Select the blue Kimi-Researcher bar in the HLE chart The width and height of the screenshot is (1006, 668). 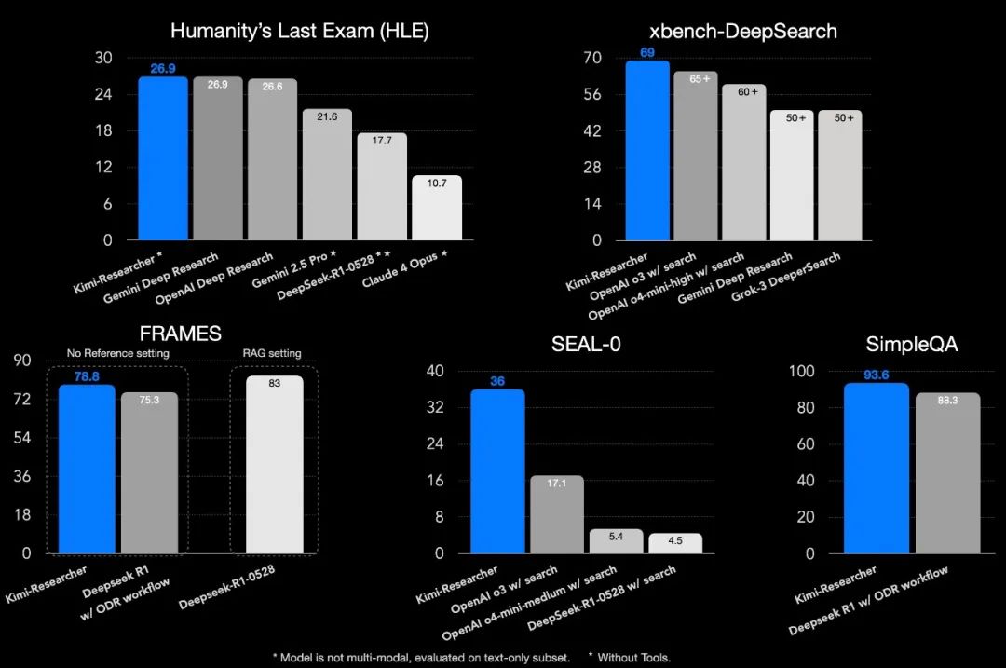(x=163, y=158)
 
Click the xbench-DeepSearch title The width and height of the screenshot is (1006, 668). (x=729, y=31)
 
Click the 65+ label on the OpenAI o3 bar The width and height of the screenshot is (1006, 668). (x=700, y=79)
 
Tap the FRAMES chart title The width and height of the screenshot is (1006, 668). (x=180, y=332)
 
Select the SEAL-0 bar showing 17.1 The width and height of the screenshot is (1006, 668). (x=557, y=514)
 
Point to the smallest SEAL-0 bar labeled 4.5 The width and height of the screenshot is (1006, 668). (x=675, y=543)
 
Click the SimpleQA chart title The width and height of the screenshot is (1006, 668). (x=899, y=345)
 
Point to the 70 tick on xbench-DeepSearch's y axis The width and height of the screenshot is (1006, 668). (x=619, y=58)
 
